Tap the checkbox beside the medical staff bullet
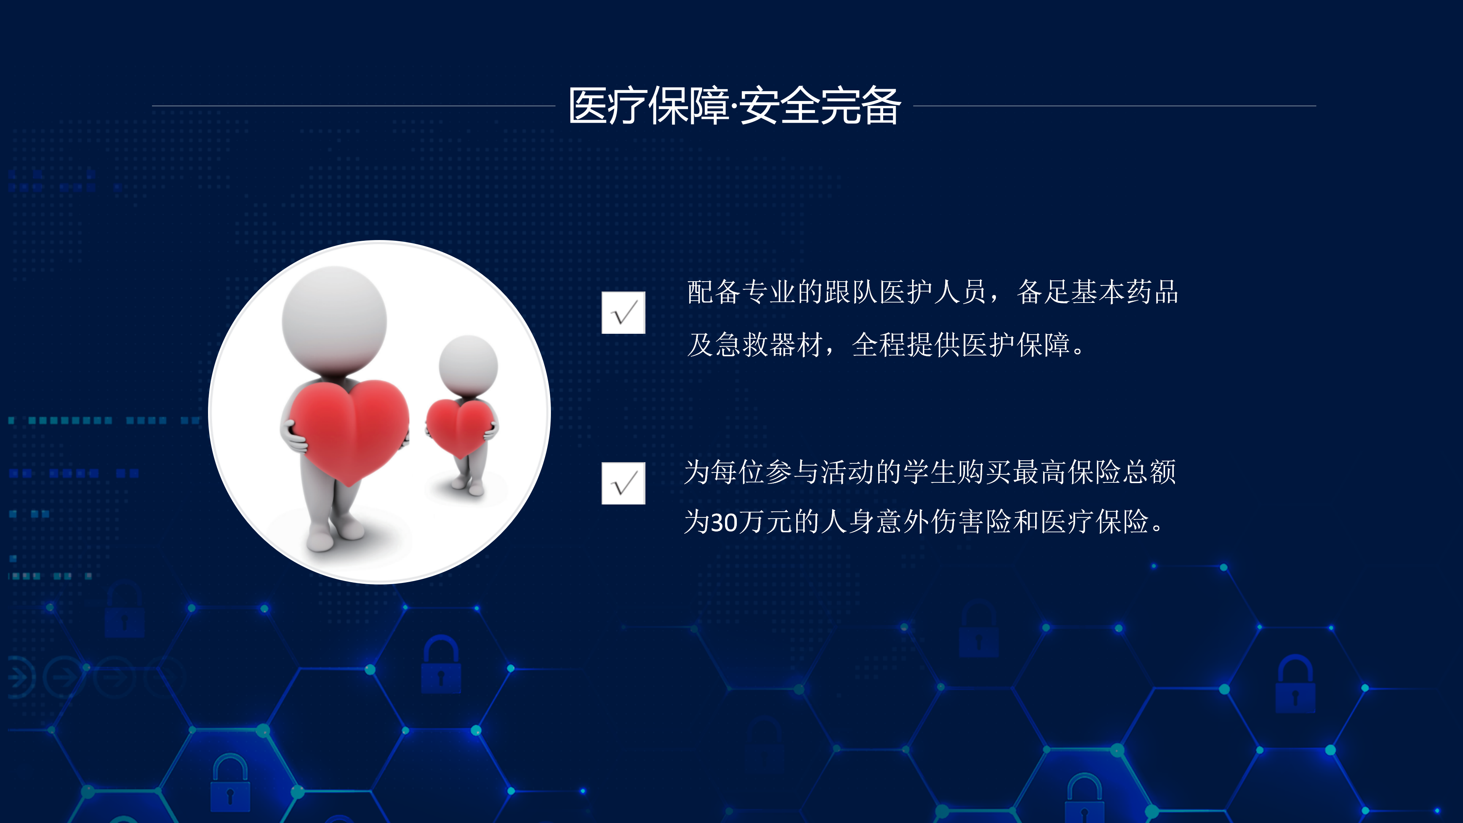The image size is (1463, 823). click(623, 312)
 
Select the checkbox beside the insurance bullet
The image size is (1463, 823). click(623, 484)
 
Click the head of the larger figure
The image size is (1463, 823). click(335, 319)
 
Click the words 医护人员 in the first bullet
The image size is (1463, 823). click(933, 292)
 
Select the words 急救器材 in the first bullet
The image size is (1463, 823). click(770, 345)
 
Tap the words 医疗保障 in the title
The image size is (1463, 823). click(648, 106)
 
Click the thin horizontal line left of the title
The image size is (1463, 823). click(353, 106)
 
